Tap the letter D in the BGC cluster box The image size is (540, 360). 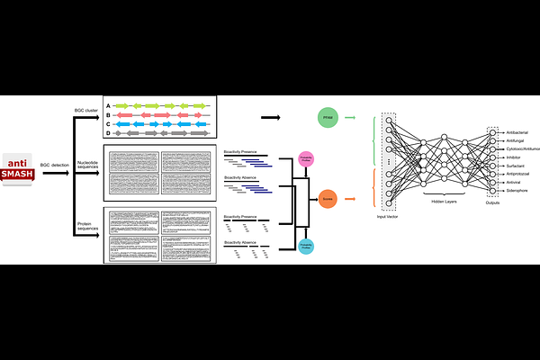tap(108, 133)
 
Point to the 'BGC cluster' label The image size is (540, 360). tap(86, 112)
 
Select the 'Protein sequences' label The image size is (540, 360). tap(86, 226)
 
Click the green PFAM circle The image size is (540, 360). tap(328, 118)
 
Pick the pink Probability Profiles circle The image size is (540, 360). tap(305, 158)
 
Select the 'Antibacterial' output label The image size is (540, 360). tap(518, 132)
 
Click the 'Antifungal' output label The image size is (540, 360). tap(517, 140)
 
